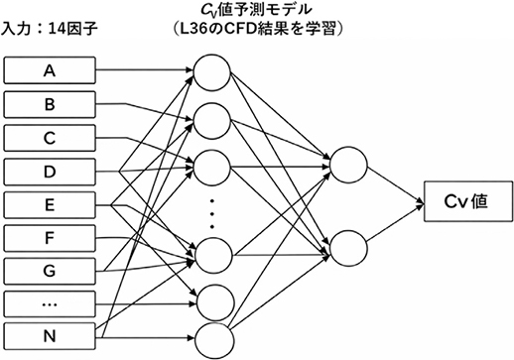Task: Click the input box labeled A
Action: [x=49, y=70]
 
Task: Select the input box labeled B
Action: [x=49, y=103]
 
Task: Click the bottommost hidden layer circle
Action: [x=212, y=334]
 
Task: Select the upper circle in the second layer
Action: [x=348, y=163]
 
